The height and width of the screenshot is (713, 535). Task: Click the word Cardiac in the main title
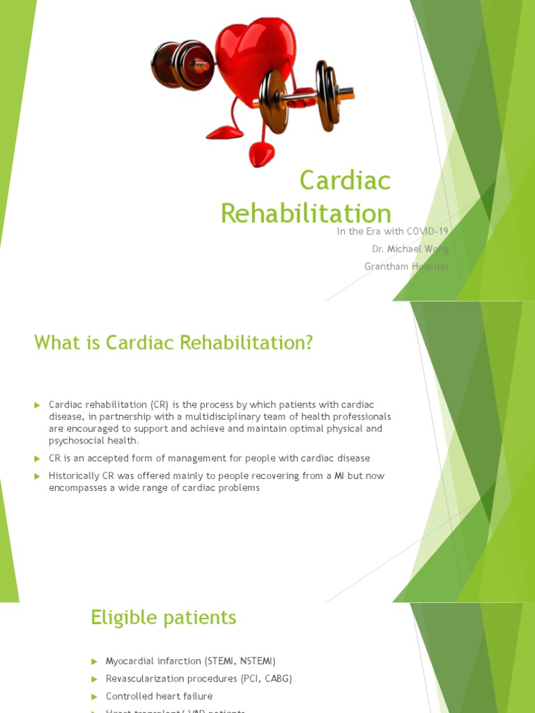tap(345, 181)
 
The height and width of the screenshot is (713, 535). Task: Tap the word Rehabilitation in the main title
tap(306, 213)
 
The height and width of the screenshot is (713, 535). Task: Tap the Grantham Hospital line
tap(406, 266)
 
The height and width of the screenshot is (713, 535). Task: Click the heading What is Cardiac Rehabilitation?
tap(173, 343)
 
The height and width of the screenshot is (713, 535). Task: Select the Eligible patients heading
tap(163, 617)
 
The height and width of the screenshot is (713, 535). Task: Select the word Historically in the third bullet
tap(73, 476)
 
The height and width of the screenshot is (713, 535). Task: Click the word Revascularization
tap(146, 678)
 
